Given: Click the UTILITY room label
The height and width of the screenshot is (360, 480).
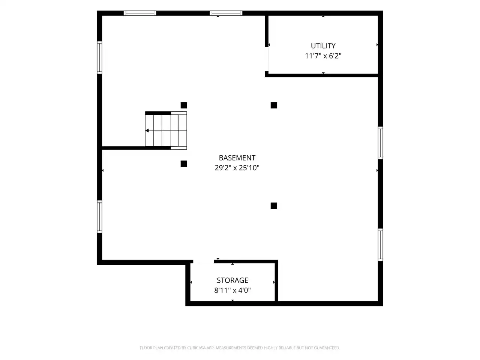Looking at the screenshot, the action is [323, 46].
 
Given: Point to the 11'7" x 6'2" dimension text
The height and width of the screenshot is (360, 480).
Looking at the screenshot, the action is [323, 56].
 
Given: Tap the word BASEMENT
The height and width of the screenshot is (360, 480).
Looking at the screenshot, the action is [237, 157].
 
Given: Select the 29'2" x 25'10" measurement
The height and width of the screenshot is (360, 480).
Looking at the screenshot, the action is [237, 168].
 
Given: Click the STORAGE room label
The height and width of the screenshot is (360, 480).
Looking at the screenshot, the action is [232, 280].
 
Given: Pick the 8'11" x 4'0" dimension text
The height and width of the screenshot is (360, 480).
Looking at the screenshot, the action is [232, 290].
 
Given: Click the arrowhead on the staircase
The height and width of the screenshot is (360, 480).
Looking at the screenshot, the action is [147, 130].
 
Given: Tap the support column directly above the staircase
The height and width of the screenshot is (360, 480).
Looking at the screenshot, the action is [184, 105].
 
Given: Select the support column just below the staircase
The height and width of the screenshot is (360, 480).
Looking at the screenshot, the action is [184, 164].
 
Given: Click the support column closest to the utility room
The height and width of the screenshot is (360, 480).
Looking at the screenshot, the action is [274, 105].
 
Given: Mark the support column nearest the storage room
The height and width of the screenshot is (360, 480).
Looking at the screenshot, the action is [274, 205].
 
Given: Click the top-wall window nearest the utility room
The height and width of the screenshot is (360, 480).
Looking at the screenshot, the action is [226, 13].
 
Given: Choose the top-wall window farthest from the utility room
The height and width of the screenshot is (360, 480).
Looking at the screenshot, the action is [140, 13].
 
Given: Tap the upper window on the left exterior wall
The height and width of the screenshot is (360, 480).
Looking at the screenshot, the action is [99, 57].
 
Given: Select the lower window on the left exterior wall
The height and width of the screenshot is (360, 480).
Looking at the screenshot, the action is [99, 217].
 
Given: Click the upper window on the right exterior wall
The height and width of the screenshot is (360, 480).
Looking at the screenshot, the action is [381, 143].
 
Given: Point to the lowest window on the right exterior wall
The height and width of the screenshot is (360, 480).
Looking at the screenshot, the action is [381, 245].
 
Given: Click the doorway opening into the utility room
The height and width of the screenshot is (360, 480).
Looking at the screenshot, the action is [267, 59].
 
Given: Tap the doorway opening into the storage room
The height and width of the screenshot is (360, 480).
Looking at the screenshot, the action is [204, 262].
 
